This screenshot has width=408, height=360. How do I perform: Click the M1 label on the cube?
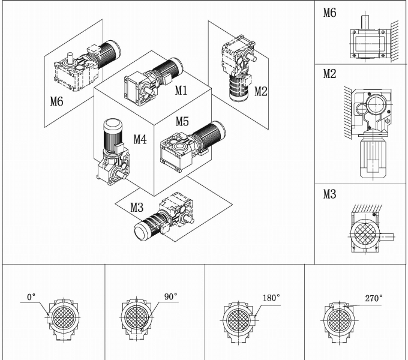[x=182, y=90]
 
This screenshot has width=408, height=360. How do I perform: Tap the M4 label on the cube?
[x=139, y=139]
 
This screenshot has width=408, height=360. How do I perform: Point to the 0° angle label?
[x=31, y=296]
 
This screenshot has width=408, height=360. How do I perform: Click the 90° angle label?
[x=171, y=296]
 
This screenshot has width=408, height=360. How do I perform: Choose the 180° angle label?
[x=271, y=297]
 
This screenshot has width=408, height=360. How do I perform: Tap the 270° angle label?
[x=374, y=297]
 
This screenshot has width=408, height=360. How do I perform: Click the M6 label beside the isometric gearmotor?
[x=56, y=101]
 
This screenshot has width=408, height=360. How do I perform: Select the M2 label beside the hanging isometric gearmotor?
[x=260, y=91]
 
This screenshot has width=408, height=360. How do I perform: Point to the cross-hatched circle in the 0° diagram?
[x=62, y=318]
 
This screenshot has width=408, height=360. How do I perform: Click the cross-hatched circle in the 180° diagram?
[x=238, y=319]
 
